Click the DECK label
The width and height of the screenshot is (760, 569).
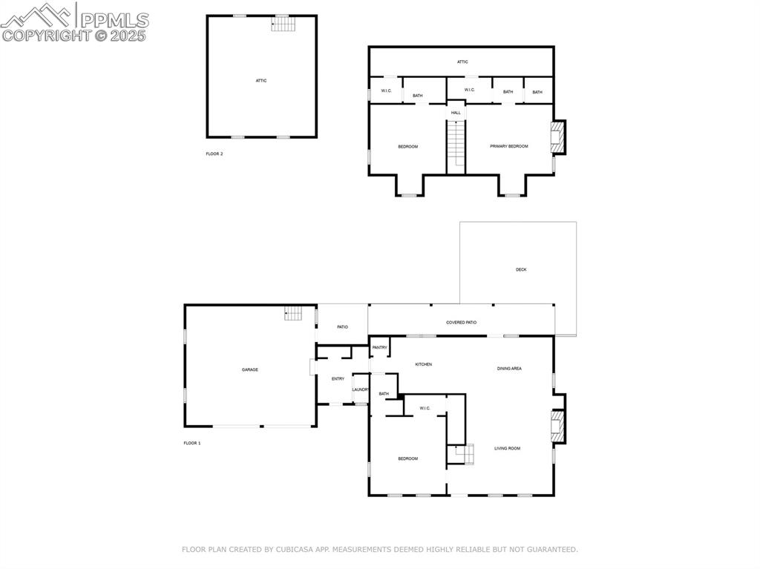521,269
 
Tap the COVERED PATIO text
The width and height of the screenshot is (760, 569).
461,323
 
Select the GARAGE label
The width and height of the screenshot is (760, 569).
249,369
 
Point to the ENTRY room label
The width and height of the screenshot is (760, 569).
338,379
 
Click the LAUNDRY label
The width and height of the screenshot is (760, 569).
361,389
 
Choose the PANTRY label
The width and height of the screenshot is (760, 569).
379,347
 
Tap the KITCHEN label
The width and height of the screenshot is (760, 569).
423,364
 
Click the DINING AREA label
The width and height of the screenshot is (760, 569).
509,368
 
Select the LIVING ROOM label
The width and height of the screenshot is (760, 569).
508,448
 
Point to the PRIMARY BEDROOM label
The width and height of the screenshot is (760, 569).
509,146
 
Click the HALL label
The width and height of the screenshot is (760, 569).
456,113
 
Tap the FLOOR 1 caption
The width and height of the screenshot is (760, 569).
192,443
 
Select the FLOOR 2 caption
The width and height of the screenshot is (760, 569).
214,154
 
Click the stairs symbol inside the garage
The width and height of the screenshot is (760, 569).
293,314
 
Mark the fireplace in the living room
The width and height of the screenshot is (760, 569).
556,428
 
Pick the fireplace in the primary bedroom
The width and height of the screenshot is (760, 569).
556,137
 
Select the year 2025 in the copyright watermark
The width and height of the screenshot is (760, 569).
128,35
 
